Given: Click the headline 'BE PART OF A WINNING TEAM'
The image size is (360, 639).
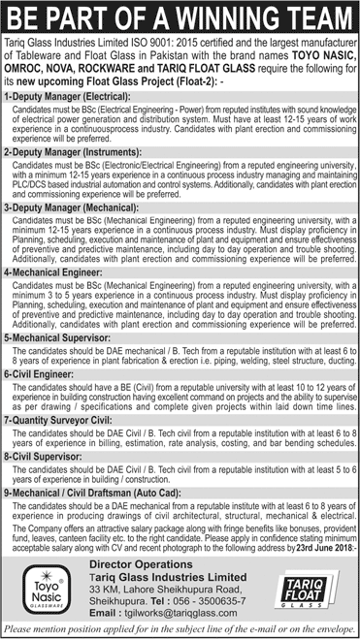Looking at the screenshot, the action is [x=180, y=16].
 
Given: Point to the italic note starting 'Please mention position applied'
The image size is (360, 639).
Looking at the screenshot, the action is [x=180, y=630].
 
